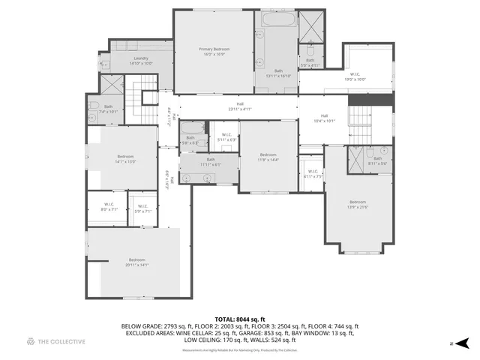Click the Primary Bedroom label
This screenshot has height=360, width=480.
214,52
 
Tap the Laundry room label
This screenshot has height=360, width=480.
141,61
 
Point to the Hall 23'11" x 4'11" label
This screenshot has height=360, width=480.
240,106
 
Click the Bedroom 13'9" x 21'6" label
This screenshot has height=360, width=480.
357,204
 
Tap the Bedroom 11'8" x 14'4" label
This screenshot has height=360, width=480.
268,157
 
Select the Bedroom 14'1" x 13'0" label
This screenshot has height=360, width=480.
124,159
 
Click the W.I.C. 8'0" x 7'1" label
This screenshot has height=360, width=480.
109,207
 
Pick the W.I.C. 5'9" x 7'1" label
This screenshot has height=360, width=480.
142,208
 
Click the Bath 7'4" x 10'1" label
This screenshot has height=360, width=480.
109,109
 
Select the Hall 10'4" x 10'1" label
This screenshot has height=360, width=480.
325,118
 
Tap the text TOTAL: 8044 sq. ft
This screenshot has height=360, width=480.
239,319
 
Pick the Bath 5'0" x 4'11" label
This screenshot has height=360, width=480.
310,63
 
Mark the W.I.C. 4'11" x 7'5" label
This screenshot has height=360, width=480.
313,174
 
